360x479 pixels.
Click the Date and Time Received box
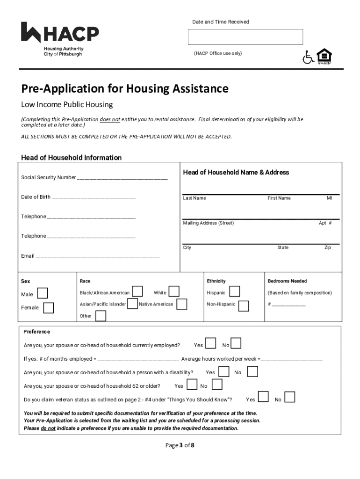(245, 37)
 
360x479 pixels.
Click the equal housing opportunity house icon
(324, 57)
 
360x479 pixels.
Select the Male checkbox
(42, 293)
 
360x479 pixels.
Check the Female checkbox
(48, 307)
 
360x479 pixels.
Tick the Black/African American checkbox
(137, 291)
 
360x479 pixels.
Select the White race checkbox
(173, 291)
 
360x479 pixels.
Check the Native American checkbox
(182, 304)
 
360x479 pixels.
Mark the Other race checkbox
(100, 316)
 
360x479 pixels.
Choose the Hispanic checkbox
(235, 291)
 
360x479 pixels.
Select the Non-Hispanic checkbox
(243, 306)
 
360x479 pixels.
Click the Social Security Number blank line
(122, 178)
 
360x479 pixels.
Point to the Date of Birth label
(36, 197)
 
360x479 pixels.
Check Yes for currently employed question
(210, 343)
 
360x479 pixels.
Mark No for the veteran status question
(290, 398)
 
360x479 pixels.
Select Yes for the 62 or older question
(192, 385)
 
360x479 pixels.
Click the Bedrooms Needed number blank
(288, 305)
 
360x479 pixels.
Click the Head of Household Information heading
(71, 158)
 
